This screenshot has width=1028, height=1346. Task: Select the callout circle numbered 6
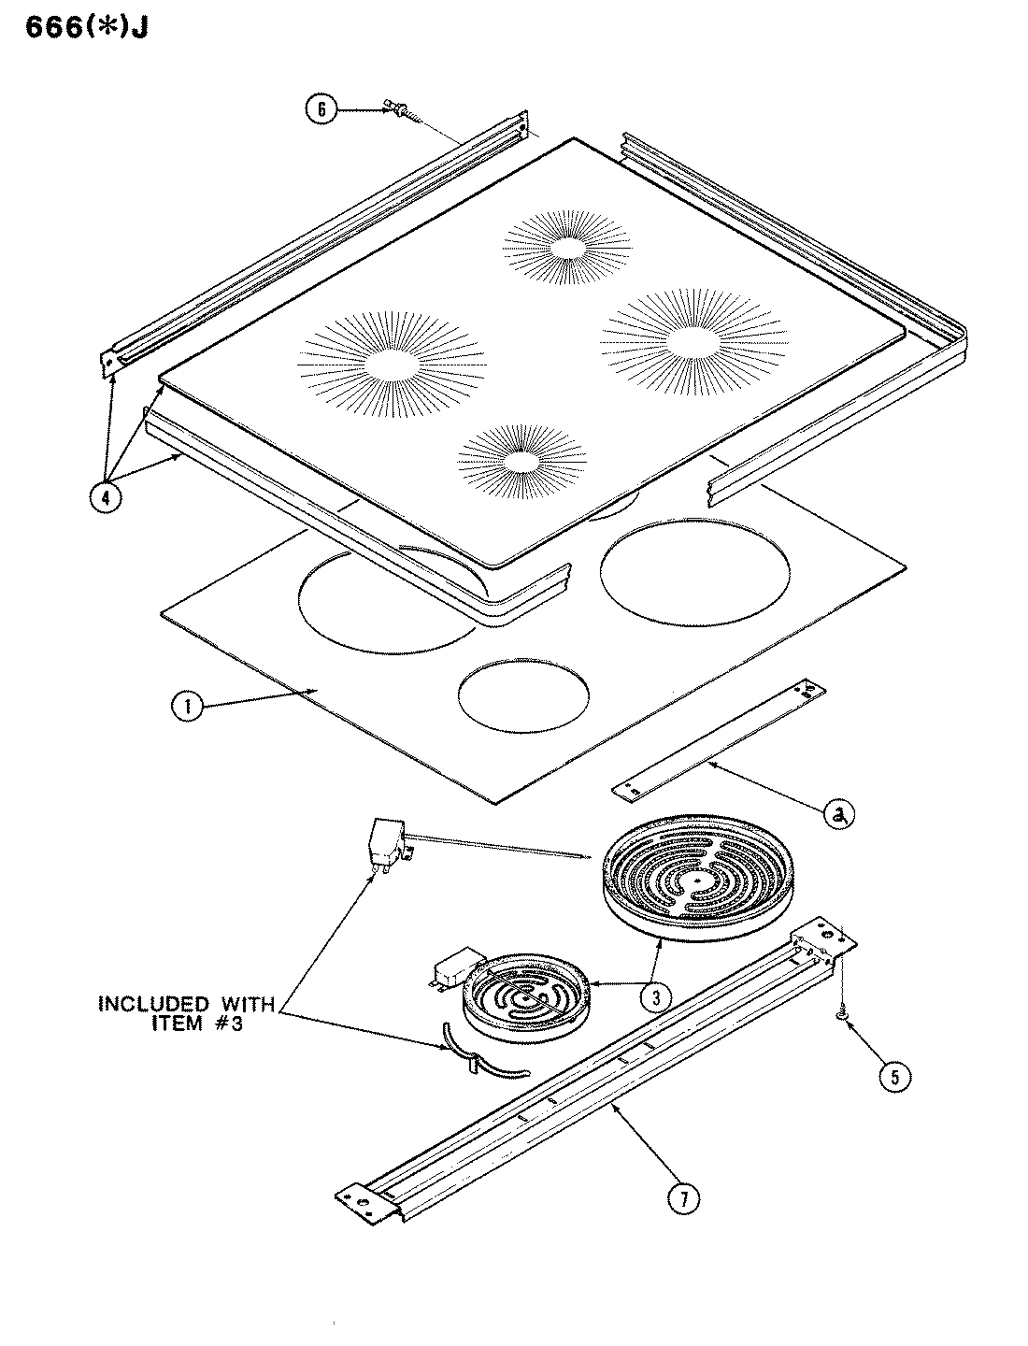coord(321,109)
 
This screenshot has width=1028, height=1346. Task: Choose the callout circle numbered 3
coord(657,996)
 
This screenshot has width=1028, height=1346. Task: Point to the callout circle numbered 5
coord(893,1077)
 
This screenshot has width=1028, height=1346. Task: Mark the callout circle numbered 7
coord(686,1197)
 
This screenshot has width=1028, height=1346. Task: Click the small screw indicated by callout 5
coord(841,1010)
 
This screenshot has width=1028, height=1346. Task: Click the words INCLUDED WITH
coord(187,1005)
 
